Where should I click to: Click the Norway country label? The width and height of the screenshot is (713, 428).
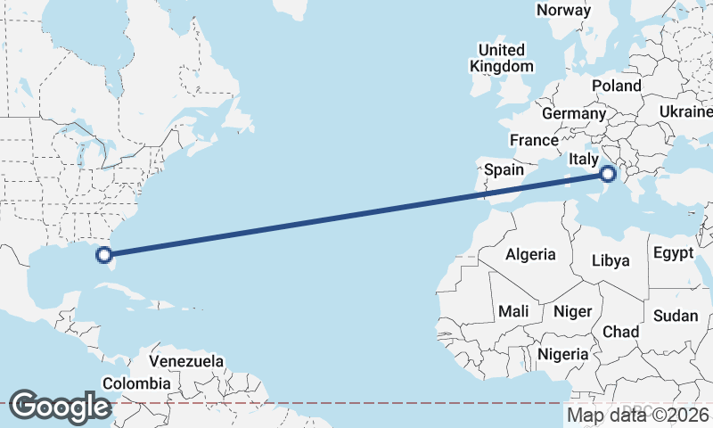(563, 10)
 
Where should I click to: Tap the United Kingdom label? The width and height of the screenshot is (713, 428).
(502, 57)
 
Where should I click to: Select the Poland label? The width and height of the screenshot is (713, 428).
(615, 86)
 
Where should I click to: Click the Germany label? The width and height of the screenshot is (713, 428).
(573, 114)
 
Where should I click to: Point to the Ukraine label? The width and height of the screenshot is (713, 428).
(684, 111)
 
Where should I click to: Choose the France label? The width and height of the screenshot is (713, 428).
(534, 140)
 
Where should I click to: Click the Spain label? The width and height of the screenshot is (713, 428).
(504, 169)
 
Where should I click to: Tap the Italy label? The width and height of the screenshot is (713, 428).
(584, 159)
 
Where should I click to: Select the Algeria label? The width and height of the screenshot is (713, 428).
(530, 254)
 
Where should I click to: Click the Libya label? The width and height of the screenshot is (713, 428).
(611, 260)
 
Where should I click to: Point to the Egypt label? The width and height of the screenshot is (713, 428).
(672, 252)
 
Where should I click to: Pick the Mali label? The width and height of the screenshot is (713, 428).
(513, 311)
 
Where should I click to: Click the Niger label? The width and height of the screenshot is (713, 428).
(573, 311)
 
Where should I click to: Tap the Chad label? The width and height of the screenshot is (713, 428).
(621, 332)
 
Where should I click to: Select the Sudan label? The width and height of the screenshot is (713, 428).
(676, 316)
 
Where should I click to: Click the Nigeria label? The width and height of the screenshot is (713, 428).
(562, 354)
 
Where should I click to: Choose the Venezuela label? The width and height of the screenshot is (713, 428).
(185, 362)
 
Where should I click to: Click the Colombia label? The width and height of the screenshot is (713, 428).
(135, 383)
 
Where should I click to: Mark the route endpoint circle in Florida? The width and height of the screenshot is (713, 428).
(104, 255)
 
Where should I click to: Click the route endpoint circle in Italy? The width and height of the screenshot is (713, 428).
(609, 174)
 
